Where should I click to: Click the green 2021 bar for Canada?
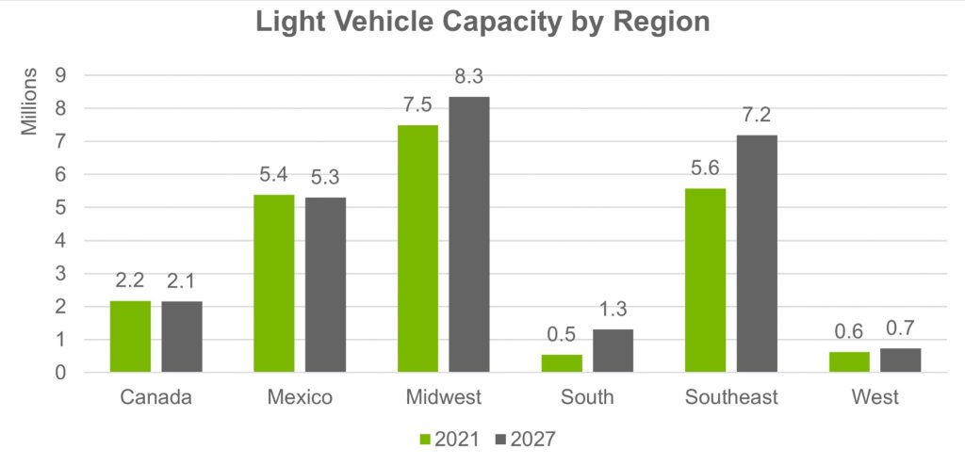click(130, 336)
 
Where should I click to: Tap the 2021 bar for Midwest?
click(417, 248)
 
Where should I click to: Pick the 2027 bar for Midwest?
click(469, 234)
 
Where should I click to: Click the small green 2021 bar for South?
click(562, 363)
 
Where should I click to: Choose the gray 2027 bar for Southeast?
click(757, 253)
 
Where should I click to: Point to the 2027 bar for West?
click(900, 360)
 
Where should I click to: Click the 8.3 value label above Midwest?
click(468, 77)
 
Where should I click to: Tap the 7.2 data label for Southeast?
click(757, 116)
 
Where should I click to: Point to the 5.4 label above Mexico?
click(274, 175)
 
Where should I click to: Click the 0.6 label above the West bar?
click(849, 332)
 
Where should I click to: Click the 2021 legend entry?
click(451, 438)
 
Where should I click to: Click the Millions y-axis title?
click(30, 101)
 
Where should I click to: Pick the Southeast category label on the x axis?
click(731, 397)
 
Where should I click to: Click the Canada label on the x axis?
click(155, 397)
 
